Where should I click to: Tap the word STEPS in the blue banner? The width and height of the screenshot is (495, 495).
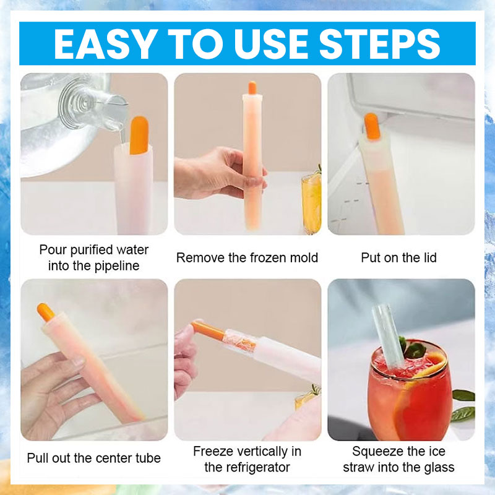pyautogui.click(x=379, y=43)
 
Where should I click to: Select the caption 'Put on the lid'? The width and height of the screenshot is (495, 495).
pyautogui.click(x=398, y=257)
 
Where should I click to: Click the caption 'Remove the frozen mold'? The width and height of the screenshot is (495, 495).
pyautogui.click(x=247, y=257)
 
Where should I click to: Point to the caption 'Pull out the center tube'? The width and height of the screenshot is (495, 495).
pyautogui.click(x=94, y=458)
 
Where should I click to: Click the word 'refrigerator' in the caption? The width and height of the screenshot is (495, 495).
pyautogui.click(x=256, y=467)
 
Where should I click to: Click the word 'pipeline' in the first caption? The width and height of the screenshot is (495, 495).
pyautogui.click(x=117, y=266)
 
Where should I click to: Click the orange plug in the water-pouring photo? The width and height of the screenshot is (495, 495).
pyautogui.click(x=139, y=136)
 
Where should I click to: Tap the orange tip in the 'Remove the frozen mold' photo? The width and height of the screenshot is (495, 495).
pyautogui.click(x=252, y=88)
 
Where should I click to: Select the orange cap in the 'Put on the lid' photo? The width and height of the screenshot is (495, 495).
pyautogui.click(x=371, y=126)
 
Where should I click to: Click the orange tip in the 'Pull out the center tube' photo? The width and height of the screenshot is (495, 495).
pyautogui.click(x=46, y=312)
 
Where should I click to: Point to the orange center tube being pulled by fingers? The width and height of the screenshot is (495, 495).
pyautogui.click(x=208, y=329)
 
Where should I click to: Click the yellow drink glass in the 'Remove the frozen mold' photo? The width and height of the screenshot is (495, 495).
pyautogui.click(x=311, y=203)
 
